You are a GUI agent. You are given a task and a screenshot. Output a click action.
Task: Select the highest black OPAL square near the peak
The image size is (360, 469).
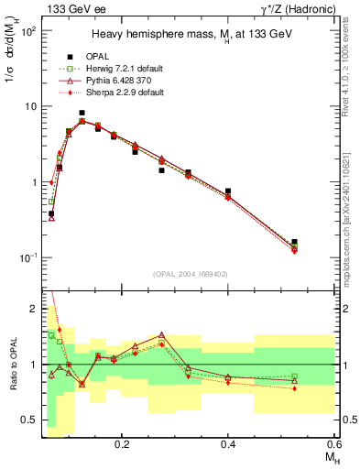coord(82,113)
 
